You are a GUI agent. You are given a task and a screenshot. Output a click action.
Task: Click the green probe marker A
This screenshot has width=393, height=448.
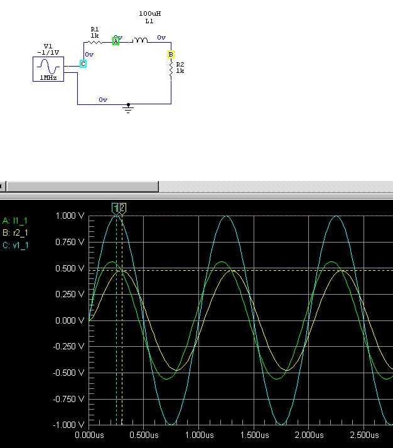coord(116,41)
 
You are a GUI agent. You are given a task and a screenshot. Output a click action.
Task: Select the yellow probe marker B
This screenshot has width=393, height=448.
coord(171,54)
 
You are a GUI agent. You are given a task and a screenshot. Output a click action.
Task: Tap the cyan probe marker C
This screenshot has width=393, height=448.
coord(83,63)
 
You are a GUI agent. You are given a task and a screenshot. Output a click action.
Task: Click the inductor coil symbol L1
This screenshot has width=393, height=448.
coord(140,40)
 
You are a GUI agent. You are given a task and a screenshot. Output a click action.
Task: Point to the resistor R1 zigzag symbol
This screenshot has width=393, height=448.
coord(94,42)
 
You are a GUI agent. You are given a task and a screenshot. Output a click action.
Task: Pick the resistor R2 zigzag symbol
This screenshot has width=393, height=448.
coord(171,70)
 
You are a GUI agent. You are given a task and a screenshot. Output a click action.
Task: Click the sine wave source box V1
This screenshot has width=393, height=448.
coord(48,69)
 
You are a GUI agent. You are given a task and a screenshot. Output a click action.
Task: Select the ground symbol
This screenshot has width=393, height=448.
coord(128,108)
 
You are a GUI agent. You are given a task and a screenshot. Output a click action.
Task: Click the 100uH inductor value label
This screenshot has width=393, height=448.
coord(150,13)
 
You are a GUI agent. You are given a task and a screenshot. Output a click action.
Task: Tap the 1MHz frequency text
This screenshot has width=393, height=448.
coord(48,78)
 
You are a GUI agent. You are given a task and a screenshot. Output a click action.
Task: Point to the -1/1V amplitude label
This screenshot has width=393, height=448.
coord(48,53)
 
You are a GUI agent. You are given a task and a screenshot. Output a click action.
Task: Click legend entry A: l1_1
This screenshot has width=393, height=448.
coord(15,221)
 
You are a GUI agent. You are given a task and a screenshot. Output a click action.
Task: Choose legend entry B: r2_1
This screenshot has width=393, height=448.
coord(15,233)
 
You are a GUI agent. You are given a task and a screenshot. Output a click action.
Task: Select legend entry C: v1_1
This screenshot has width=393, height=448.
coord(16,246)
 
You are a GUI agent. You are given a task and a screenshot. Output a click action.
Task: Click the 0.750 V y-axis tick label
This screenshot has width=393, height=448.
coord(70,243)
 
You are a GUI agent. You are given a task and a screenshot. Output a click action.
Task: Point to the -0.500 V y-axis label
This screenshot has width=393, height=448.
coord(69,373)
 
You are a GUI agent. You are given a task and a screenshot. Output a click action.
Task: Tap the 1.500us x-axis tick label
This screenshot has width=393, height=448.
coord(254,435)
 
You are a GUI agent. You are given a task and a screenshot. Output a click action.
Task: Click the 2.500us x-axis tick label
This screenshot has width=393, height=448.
coord(364,435)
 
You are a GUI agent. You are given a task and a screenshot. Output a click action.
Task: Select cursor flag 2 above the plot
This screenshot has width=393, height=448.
coord(122,208)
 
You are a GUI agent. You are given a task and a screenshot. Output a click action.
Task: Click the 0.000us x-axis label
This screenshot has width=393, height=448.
coord(89,435)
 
